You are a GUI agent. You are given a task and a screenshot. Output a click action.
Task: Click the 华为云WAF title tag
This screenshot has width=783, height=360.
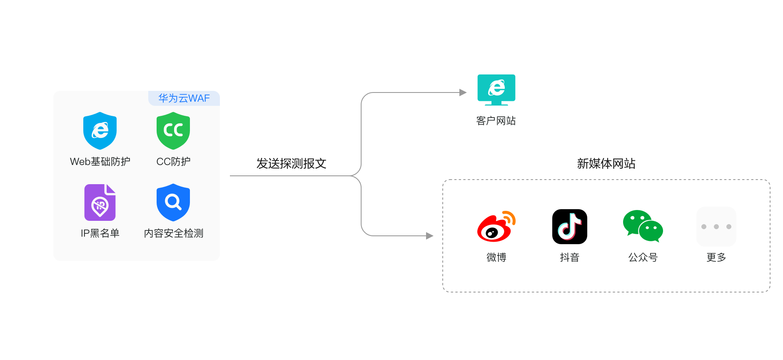[x=184, y=98]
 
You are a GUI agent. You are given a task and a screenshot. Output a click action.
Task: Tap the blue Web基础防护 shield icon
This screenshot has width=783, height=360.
[x=100, y=131]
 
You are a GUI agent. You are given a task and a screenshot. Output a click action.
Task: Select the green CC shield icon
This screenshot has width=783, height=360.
[x=173, y=131]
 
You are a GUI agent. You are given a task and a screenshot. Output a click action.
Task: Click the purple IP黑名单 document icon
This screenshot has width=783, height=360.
[x=100, y=202]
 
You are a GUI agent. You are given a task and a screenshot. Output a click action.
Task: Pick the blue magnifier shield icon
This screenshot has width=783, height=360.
[x=173, y=202]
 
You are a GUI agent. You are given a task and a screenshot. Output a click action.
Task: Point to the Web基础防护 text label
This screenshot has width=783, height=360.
[x=100, y=162]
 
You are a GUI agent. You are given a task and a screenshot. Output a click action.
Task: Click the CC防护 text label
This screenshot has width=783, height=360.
[x=173, y=162]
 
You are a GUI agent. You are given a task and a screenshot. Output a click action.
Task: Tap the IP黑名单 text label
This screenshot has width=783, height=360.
[x=100, y=233]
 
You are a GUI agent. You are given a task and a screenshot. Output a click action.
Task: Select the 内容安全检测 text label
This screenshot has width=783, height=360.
[x=174, y=233]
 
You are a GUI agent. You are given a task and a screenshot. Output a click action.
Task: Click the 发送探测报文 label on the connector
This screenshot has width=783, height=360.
[x=291, y=163]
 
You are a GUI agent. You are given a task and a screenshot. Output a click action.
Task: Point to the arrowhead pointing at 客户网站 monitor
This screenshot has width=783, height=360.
[x=463, y=92]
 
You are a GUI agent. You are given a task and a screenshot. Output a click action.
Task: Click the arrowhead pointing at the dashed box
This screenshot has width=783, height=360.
[x=430, y=236]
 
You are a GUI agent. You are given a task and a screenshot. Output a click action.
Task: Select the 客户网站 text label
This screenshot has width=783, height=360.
[x=496, y=121]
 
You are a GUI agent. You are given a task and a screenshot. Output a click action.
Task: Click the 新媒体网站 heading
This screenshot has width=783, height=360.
[x=606, y=163]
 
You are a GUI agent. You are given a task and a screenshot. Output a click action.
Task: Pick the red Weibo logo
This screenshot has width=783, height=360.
[x=496, y=227]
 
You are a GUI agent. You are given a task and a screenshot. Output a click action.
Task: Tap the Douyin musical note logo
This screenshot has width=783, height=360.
[x=569, y=227]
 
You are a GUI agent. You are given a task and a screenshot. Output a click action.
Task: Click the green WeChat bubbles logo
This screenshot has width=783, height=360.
[x=643, y=226]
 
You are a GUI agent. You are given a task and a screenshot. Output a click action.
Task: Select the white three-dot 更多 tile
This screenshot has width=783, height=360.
[x=716, y=227]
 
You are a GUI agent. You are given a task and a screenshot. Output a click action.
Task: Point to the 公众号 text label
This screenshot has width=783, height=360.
[x=643, y=257]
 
